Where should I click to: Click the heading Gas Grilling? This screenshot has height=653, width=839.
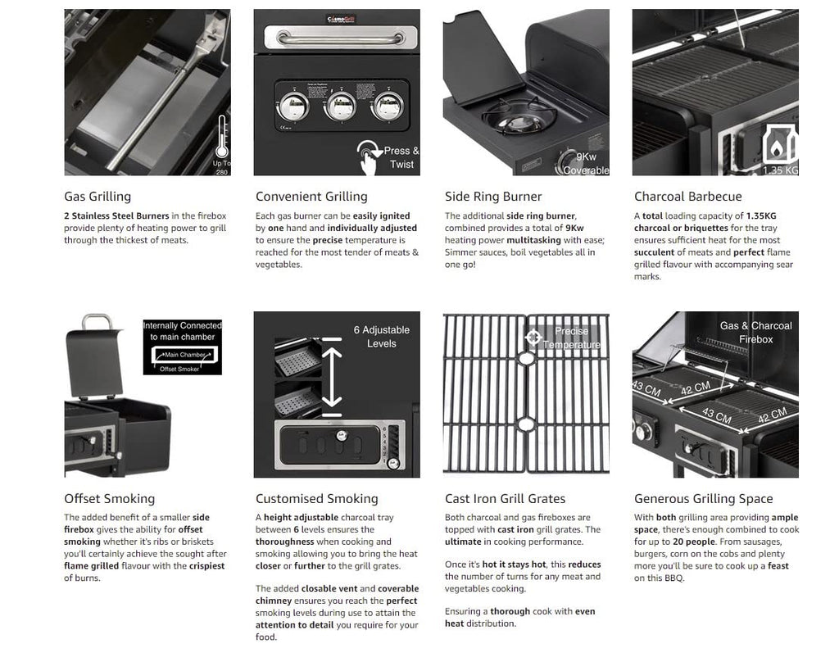point(98,197)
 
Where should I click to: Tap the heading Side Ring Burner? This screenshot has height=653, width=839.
point(493,197)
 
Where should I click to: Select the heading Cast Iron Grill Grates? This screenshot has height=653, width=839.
point(505,499)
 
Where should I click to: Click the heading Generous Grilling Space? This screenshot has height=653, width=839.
point(703,499)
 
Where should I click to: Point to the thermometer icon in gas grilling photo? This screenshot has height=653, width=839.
point(221,137)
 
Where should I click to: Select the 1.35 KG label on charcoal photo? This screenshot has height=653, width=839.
point(779,170)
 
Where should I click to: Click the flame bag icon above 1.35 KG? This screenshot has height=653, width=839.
point(779,145)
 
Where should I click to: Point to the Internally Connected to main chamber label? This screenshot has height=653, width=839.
point(182,331)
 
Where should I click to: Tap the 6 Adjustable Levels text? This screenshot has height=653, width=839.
point(381,337)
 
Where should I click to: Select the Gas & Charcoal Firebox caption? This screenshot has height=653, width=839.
point(755,332)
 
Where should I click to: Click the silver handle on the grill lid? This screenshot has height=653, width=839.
point(340,39)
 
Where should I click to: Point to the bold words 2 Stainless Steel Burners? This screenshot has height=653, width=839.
point(116,216)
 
